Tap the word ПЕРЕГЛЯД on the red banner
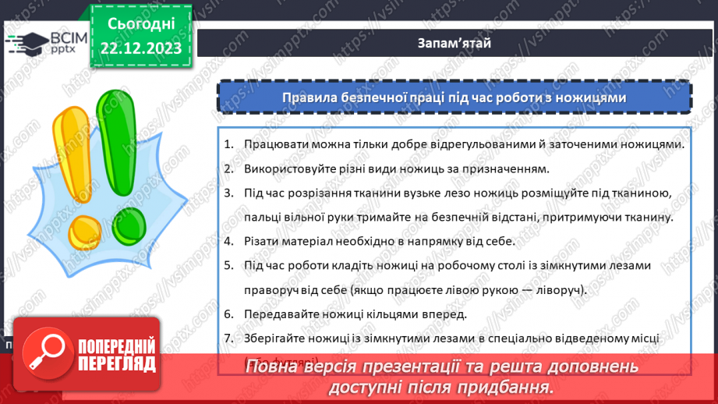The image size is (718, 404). click(117, 364)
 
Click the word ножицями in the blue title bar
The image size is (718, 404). click(598, 97)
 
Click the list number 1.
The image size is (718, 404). click(228, 145)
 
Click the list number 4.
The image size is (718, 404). click(228, 241)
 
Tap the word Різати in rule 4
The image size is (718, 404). click(260, 241)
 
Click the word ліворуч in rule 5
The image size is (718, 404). click(557, 289)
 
